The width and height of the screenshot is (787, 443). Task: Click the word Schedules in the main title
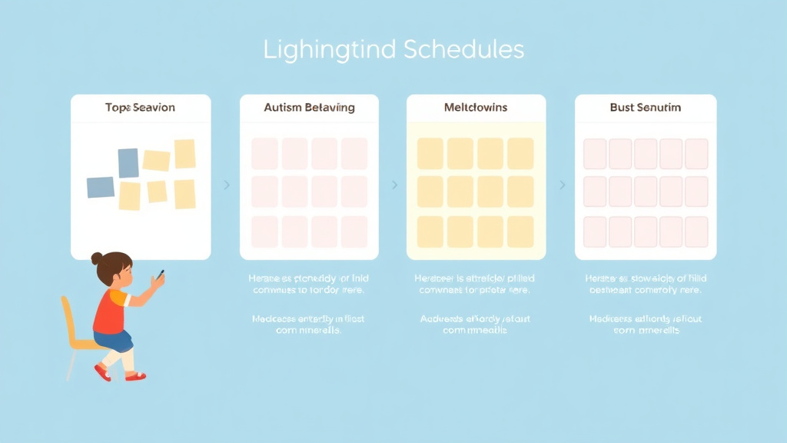click(463, 50)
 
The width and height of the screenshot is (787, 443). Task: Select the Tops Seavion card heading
click(140, 108)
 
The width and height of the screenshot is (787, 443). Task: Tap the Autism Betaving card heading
click(309, 108)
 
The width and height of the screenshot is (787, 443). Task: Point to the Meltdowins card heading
click(476, 108)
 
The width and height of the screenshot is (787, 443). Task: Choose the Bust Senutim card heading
click(646, 108)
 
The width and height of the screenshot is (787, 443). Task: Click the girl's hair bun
click(97, 258)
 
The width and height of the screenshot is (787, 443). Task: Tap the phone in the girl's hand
click(160, 274)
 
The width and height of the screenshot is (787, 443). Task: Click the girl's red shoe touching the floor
click(134, 376)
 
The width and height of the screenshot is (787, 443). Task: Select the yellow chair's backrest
click(71, 319)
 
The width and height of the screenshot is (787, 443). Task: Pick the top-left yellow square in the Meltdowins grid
click(430, 153)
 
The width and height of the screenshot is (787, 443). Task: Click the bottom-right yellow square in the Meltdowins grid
click(520, 231)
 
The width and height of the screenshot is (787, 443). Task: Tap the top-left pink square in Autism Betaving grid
click(264, 154)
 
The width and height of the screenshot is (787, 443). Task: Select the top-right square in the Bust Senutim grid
click(696, 154)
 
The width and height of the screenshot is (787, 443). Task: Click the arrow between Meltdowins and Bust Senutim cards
click(562, 185)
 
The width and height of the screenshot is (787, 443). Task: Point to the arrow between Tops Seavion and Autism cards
click(226, 185)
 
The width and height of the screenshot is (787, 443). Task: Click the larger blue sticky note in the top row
click(128, 163)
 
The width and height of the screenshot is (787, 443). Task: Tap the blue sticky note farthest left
click(101, 187)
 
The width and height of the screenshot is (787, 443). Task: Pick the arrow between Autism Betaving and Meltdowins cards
click(394, 185)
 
